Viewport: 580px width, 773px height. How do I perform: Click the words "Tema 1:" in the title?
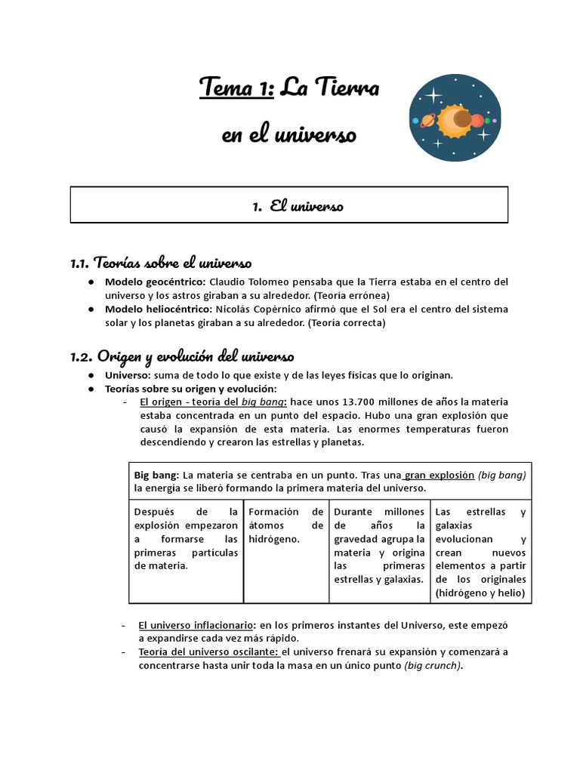pyautogui.click(x=236, y=89)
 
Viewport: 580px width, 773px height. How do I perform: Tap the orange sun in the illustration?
pyautogui.click(x=455, y=119)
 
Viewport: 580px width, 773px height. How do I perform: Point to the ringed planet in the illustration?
pyautogui.click(x=427, y=120)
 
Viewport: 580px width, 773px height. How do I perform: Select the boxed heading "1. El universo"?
pyautogui.click(x=296, y=205)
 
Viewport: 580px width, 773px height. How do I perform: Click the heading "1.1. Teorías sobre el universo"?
pyautogui.click(x=161, y=263)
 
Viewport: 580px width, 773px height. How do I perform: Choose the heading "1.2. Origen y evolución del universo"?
pyautogui.click(x=182, y=356)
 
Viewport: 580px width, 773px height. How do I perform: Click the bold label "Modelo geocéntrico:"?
pyautogui.click(x=154, y=282)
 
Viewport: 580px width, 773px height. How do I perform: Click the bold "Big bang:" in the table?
pyautogui.click(x=157, y=475)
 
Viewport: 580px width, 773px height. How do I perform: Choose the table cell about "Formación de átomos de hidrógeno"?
pyautogui.click(x=286, y=525)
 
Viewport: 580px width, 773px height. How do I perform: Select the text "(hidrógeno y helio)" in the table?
pyautogui.click(x=481, y=593)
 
